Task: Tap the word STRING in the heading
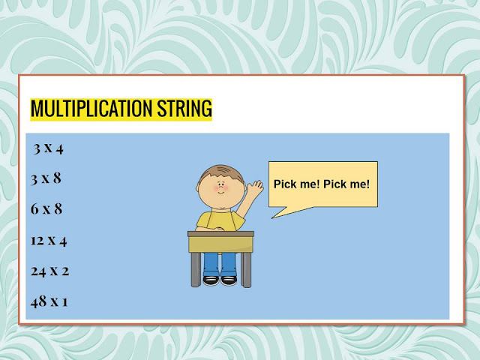click(x=184, y=109)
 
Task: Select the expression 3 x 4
click(x=49, y=148)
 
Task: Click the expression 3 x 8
click(x=46, y=178)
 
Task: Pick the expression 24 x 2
click(x=49, y=271)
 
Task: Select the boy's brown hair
click(x=218, y=169)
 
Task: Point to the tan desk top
click(x=220, y=234)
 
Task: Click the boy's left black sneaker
click(x=211, y=280)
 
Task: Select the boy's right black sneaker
click(x=229, y=280)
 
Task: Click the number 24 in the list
click(x=38, y=271)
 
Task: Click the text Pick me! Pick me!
click(x=322, y=183)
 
